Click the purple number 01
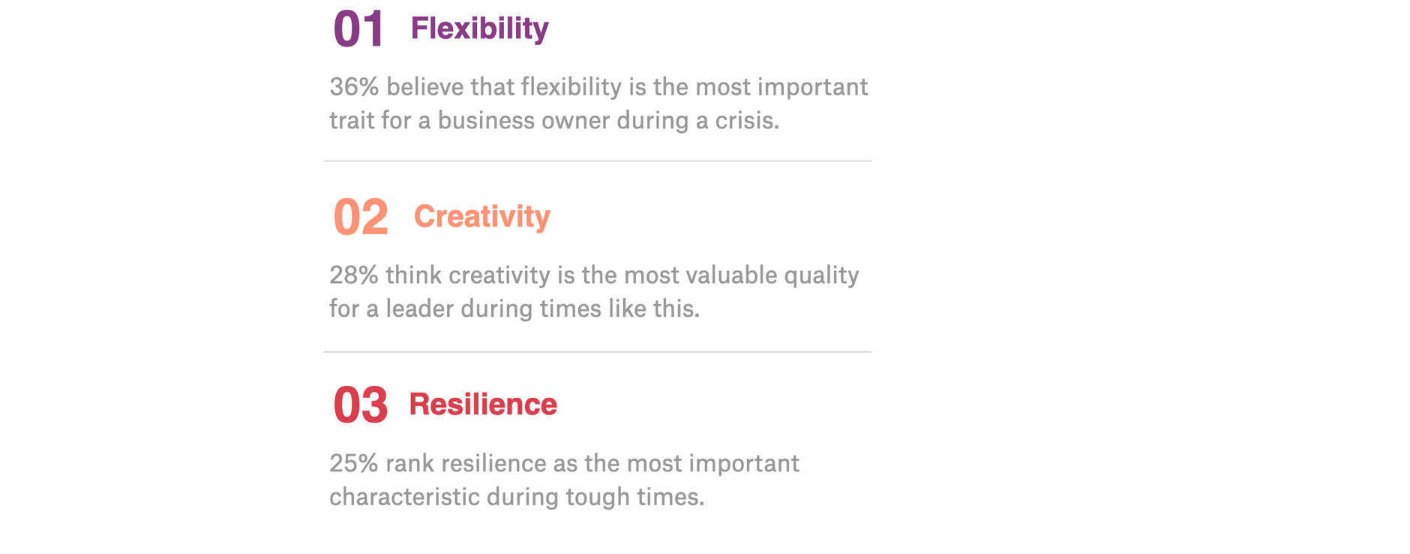(358, 29)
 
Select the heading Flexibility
(480, 29)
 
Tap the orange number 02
(361, 217)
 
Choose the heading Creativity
(482, 217)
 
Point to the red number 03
(361, 405)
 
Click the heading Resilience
(483, 405)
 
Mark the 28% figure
(354, 275)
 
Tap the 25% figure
(354, 464)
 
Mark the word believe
(425, 87)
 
